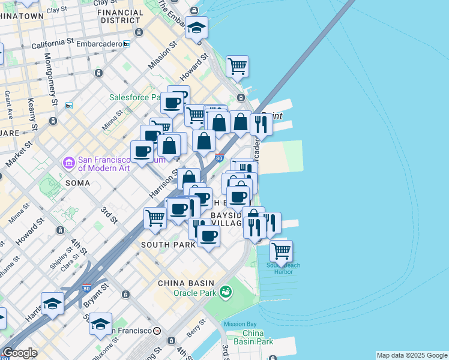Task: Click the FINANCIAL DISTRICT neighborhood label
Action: point(119,16)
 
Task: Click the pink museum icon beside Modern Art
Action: point(68,163)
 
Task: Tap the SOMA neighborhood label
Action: point(77,183)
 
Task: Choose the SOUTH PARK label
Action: point(168,245)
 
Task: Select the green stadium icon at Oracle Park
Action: point(226,292)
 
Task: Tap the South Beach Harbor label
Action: point(283,268)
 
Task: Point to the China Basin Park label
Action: point(258,337)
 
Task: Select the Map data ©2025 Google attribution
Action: point(412,355)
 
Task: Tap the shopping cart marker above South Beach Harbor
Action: point(281,250)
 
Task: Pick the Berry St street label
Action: point(196,328)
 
